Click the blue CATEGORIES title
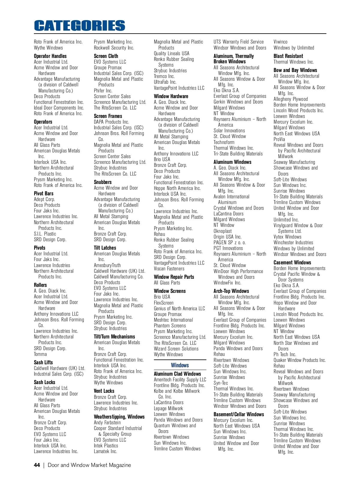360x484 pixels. pos(79,26)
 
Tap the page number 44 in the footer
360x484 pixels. pos(37,465)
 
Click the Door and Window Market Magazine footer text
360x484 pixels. pos(89,465)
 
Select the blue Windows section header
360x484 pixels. pos(180,365)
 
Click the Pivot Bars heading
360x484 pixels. pos(43,194)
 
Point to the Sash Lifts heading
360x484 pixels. pos(43,362)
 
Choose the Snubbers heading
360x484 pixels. pos(103,182)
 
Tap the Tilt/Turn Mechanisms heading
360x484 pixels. pos(114,337)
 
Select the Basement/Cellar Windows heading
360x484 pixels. pos(238,414)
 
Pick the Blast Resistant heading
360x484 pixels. pos(288,56)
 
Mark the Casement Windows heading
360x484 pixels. pos(292,263)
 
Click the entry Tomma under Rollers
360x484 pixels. pos(40,354)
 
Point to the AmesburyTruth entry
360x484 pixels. pos(107,265)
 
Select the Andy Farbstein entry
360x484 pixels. pos(107,422)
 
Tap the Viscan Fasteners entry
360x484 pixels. pos(169,269)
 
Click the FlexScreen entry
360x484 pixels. pos(163,303)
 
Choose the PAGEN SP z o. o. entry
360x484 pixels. pos(229,242)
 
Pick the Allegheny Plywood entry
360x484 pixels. pos(290,99)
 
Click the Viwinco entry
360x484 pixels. pos(280,42)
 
